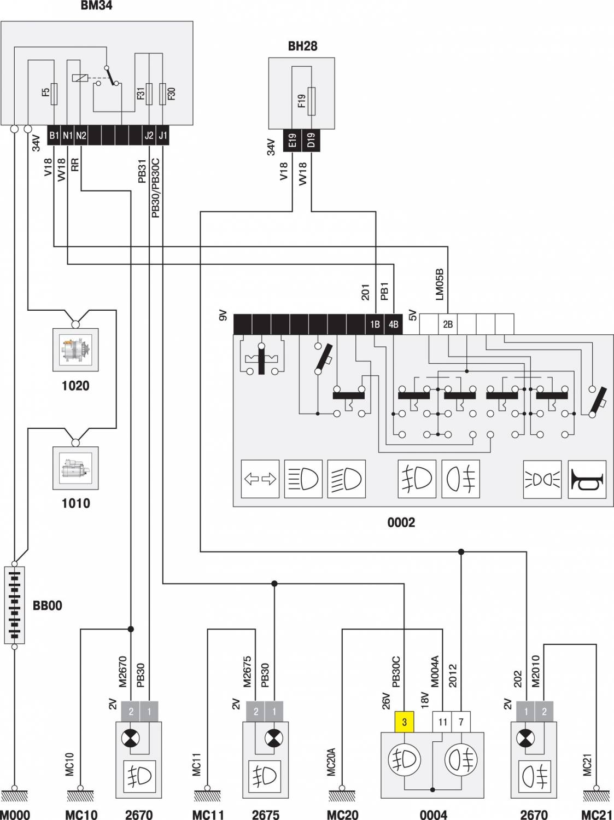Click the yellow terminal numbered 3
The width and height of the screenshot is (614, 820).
(404, 722)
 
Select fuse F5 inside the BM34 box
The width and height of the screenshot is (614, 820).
(54, 94)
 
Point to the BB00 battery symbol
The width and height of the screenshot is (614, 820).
(14, 604)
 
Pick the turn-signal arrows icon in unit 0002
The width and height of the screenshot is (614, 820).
(260, 479)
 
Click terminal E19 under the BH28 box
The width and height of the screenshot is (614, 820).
(292, 141)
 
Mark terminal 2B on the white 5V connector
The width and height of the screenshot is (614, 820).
(448, 324)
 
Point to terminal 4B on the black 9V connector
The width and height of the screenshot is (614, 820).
(393, 324)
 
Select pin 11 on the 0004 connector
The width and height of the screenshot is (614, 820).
(442, 722)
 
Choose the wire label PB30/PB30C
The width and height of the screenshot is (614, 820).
(156, 189)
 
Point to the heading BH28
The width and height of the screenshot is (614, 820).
(302, 46)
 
